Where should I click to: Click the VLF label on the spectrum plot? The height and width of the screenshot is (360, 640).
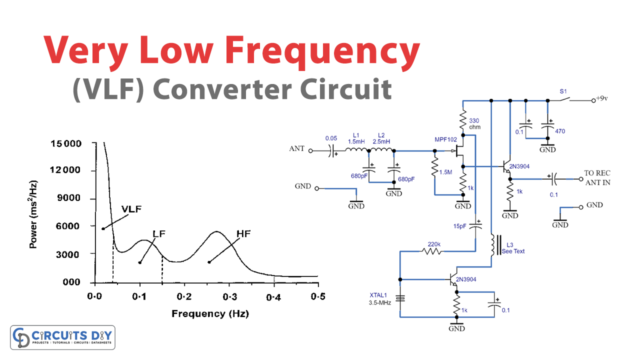pos(132,211)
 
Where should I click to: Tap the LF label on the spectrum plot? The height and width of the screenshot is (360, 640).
pos(158,234)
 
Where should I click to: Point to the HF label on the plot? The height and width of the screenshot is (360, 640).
pos(243,234)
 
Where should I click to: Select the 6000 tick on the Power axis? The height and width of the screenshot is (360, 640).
pos(68,227)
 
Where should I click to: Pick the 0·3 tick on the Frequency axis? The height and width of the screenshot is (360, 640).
pos(229,298)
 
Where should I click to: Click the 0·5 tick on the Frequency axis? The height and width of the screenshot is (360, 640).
pos(318,298)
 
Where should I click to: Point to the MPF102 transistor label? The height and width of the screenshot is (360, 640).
pos(446,140)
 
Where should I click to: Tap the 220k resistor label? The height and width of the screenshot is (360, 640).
pos(435,244)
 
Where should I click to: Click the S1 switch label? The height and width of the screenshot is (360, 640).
pos(563,93)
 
